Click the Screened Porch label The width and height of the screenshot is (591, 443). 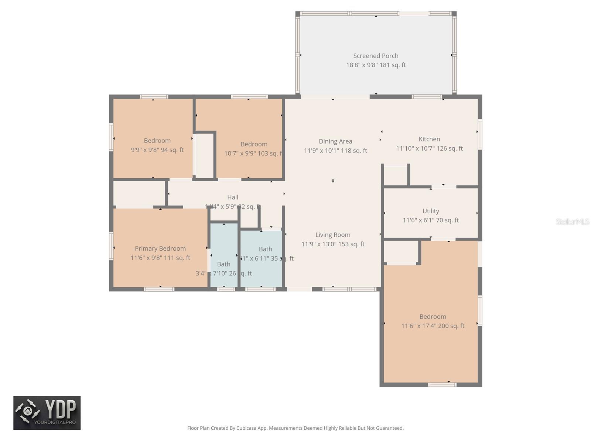[376, 56]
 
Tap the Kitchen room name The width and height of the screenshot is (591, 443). [429, 139]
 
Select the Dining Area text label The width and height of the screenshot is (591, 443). [335, 141]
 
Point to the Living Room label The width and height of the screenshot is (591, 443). [333, 235]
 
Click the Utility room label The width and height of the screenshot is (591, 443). [431, 211]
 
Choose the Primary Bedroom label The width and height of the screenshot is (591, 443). [160, 248]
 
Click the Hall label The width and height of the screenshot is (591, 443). [233, 198]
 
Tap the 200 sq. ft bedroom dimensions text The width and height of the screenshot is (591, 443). [433, 326]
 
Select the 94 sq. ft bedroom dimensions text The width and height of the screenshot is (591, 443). [157, 150]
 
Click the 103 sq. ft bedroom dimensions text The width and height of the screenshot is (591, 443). [253, 154]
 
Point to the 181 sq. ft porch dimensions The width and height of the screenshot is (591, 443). [376, 65]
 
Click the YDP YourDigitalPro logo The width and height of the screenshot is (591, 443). [47, 413]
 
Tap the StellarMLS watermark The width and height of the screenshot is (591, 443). [572, 221]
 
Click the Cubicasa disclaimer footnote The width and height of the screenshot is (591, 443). [295, 428]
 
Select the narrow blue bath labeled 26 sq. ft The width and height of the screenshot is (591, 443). [224, 255]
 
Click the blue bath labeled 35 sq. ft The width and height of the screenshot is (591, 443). [262, 258]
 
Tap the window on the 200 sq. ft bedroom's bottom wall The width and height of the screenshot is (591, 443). [442, 385]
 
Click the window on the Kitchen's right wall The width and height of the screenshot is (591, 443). [480, 134]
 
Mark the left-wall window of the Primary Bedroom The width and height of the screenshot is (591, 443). [111, 245]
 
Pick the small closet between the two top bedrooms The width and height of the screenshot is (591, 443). [204, 155]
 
